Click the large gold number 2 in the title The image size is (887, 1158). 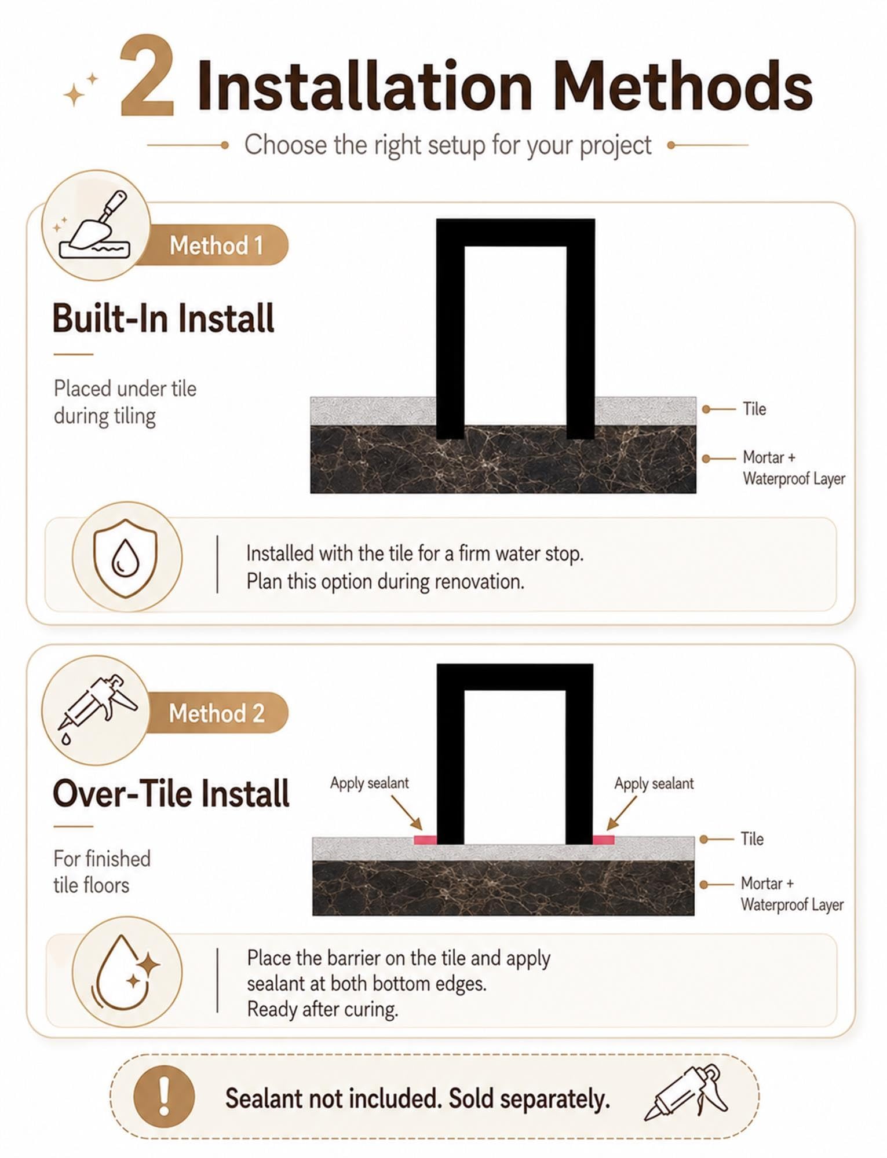pyautogui.click(x=147, y=76)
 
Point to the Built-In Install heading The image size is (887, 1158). pyautogui.click(x=163, y=318)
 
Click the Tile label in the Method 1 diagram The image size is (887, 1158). pyautogui.click(x=754, y=409)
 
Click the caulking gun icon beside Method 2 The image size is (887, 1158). pyautogui.click(x=96, y=706)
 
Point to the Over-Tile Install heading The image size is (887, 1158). pyautogui.click(x=171, y=793)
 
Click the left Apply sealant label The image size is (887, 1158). pyautogui.click(x=370, y=783)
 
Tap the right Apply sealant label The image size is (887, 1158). pyautogui.click(x=654, y=783)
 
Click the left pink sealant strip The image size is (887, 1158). pyautogui.click(x=425, y=840)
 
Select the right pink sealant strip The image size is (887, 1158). pyautogui.click(x=604, y=840)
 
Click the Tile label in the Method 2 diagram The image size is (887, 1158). pyautogui.click(x=752, y=838)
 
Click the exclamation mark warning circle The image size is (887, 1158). pyautogui.click(x=164, y=1096)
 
